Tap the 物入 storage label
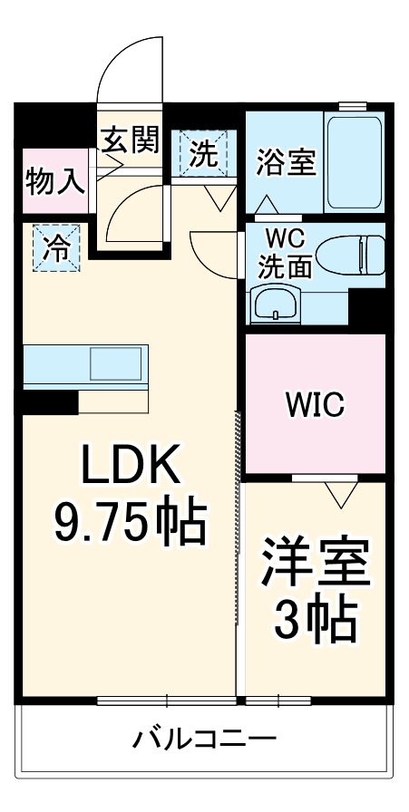coord(54,181)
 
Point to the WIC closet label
coord(315,405)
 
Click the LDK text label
coord(132,469)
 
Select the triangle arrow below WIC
coord(341,494)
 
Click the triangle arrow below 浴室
coord(268,206)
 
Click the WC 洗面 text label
coord(287,255)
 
